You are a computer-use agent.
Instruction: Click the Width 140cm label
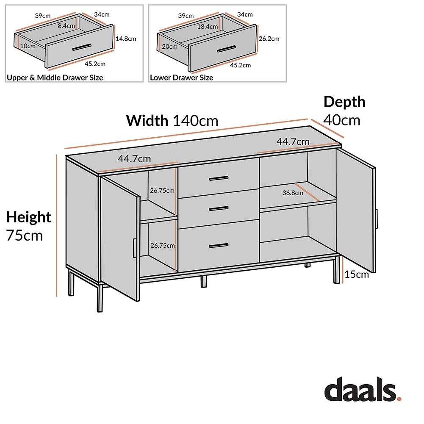click(x=172, y=121)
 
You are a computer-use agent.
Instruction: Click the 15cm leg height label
click(x=356, y=274)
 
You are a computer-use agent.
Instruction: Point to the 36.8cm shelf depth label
click(x=293, y=193)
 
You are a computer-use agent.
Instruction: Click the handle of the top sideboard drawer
click(x=219, y=178)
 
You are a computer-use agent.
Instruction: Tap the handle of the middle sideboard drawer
click(x=219, y=208)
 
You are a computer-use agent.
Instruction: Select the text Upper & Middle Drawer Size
click(x=55, y=78)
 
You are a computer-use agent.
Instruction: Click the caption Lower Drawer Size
click(x=182, y=78)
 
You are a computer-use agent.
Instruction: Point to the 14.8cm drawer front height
click(x=126, y=39)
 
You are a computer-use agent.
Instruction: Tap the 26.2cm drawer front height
click(x=269, y=39)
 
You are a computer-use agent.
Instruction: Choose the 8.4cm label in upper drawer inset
click(x=66, y=25)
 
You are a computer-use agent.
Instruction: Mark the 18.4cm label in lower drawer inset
click(x=208, y=27)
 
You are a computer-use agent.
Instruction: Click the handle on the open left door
click(x=134, y=248)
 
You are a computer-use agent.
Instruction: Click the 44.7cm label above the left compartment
click(x=134, y=159)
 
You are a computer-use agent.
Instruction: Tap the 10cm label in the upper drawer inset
click(x=29, y=46)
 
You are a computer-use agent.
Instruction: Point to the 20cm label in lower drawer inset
click(x=170, y=47)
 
